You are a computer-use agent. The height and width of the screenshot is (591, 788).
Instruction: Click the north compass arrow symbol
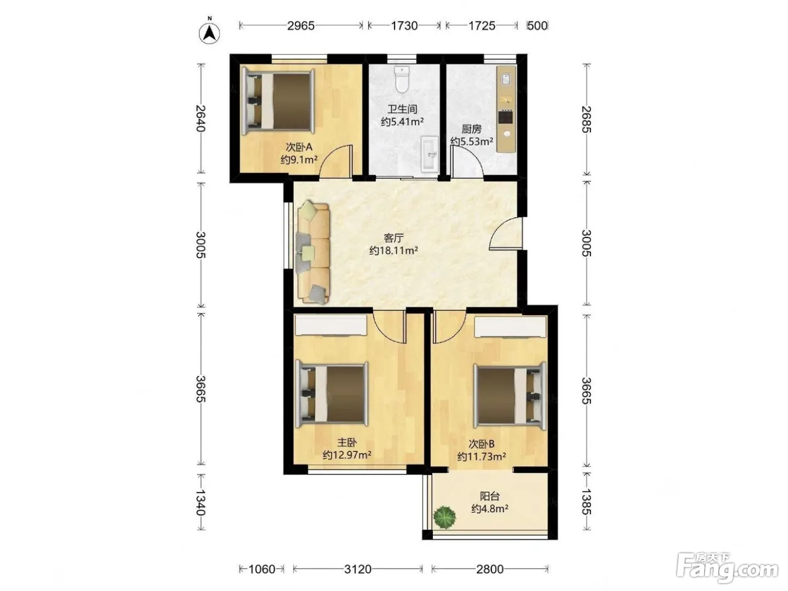(x=209, y=33)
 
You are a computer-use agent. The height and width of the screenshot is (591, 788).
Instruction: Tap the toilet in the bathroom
(x=402, y=79)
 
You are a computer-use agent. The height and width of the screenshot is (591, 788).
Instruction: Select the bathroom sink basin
(x=429, y=154)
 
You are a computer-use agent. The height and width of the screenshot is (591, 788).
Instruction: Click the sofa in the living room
(x=313, y=252)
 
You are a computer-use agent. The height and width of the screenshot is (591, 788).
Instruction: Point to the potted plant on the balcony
(x=445, y=517)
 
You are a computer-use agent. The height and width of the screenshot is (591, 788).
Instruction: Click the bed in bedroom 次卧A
(x=277, y=102)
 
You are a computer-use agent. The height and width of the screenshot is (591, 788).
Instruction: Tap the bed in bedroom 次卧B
(x=510, y=395)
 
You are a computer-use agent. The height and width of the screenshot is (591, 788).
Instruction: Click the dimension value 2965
(x=301, y=26)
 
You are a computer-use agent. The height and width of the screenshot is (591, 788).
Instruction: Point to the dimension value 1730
(x=404, y=26)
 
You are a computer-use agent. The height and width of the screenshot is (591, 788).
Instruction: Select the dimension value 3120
(x=357, y=569)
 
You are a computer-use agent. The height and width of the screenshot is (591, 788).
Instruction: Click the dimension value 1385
(x=586, y=502)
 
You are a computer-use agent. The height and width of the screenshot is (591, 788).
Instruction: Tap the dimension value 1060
(x=262, y=569)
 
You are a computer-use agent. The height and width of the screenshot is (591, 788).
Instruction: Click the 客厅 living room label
(x=394, y=238)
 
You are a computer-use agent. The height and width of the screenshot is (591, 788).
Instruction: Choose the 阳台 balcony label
(x=490, y=496)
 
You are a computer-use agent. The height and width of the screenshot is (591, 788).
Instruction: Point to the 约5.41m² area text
(x=402, y=122)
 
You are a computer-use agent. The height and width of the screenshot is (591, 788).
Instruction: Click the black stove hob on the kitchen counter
(x=505, y=117)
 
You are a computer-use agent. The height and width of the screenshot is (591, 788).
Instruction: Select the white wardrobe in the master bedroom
(x=331, y=325)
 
